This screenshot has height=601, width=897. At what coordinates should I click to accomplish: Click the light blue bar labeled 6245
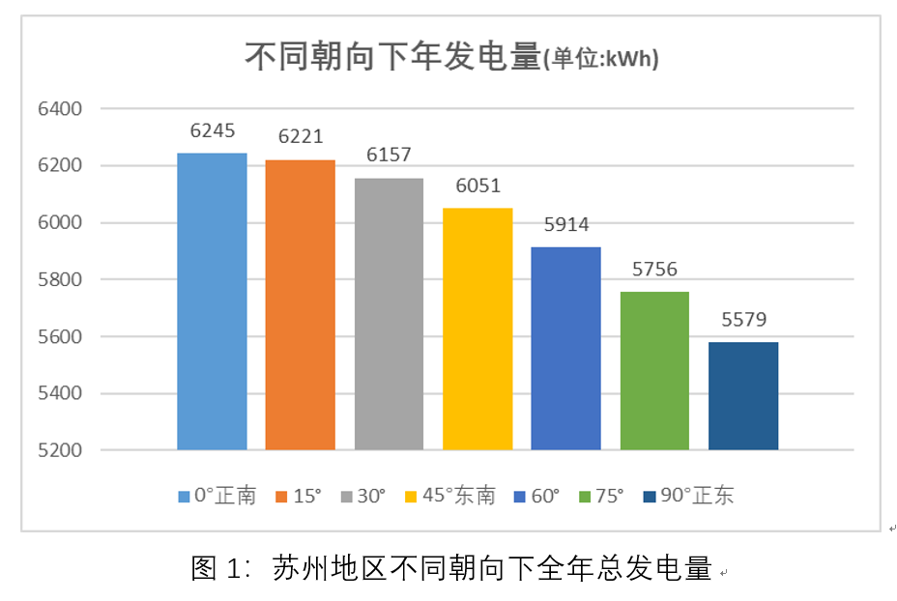click(x=212, y=301)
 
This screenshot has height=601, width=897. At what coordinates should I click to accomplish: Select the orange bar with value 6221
click(x=301, y=304)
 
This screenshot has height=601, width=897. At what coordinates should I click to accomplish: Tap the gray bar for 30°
click(x=389, y=314)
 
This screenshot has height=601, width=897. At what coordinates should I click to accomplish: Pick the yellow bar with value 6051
click(x=477, y=329)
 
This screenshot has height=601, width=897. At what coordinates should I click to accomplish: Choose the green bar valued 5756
click(x=654, y=370)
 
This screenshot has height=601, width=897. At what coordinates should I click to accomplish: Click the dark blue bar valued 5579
click(x=743, y=395)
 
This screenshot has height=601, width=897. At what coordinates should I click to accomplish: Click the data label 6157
click(x=389, y=156)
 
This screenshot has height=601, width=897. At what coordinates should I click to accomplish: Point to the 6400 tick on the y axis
click(x=60, y=109)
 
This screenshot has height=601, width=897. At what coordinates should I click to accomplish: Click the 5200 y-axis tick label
click(x=60, y=450)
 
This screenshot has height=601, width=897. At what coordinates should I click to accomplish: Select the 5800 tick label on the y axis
click(x=60, y=280)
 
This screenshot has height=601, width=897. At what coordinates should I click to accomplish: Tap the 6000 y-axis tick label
click(x=60, y=223)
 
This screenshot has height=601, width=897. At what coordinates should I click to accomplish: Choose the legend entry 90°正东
click(x=696, y=496)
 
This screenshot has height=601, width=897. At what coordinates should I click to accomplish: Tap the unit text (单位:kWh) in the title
click(x=601, y=61)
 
